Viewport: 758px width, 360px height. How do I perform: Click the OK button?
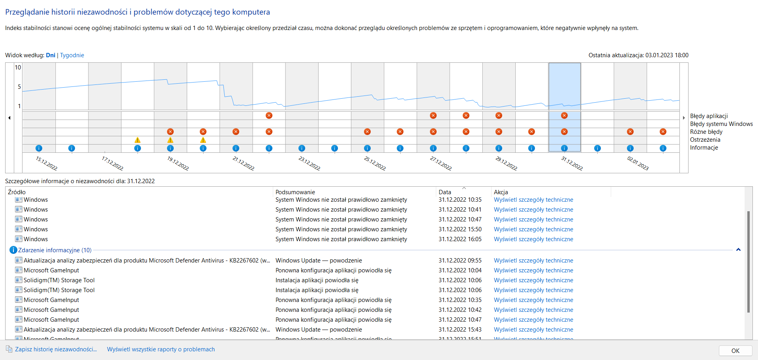[x=735, y=351]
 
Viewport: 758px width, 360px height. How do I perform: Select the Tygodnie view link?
[x=72, y=55]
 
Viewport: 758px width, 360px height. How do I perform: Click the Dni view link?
[x=51, y=55]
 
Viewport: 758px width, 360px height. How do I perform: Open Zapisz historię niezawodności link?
[x=56, y=349]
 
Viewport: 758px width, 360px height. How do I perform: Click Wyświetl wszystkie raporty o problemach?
[x=161, y=349]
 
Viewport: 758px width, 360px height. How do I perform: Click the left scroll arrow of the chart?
[x=9, y=118]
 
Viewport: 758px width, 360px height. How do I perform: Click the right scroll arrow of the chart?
[x=684, y=118]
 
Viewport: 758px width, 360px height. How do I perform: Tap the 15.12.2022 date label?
[x=47, y=163]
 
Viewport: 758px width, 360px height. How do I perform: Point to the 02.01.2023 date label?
[x=638, y=163]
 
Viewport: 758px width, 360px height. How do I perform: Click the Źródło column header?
[x=17, y=192]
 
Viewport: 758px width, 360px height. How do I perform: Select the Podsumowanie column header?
[x=295, y=192]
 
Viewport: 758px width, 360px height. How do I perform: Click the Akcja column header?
[x=501, y=192]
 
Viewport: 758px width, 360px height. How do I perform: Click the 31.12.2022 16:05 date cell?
[x=460, y=239]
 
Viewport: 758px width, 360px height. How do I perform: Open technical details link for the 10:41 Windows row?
[x=533, y=210]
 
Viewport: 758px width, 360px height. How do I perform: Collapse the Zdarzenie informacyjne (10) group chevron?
[x=738, y=250]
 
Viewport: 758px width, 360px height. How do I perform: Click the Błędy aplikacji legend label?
[x=709, y=116]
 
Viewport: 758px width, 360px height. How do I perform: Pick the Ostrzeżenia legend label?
[x=705, y=140]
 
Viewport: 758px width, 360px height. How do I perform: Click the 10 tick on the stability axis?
[x=18, y=67]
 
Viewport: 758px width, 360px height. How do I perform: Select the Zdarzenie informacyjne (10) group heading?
[x=54, y=250]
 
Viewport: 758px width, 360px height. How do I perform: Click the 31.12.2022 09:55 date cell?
[x=460, y=261]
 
